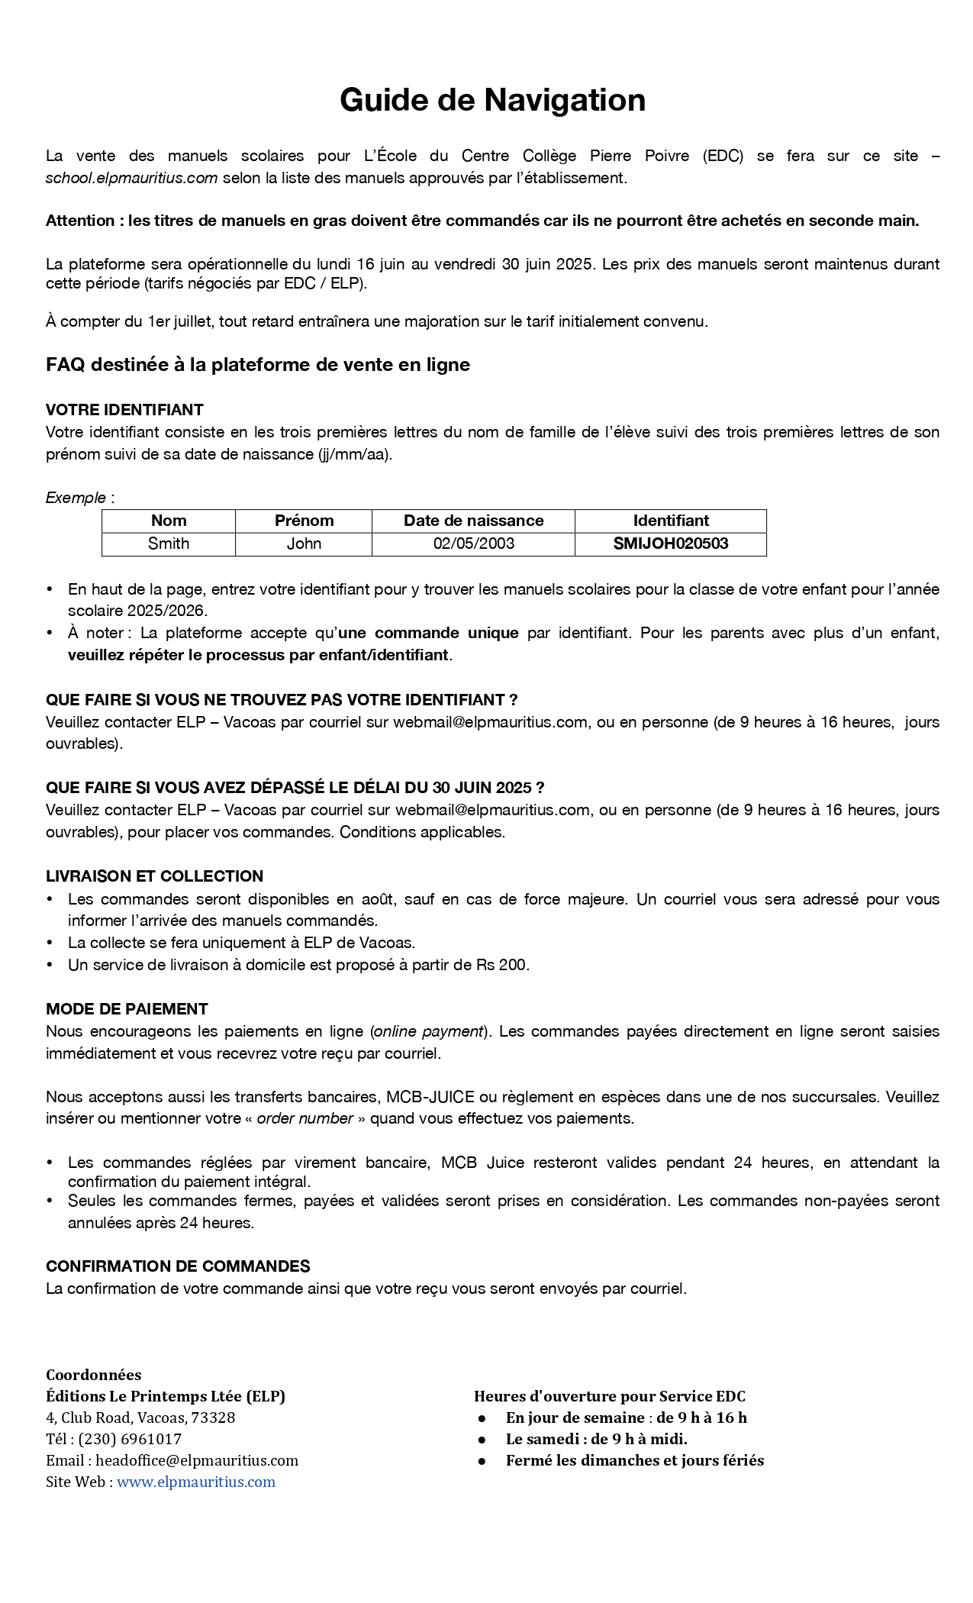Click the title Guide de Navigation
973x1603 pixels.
click(492, 100)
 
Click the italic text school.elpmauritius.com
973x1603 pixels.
click(131, 178)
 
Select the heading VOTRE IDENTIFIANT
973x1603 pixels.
click(124, 409)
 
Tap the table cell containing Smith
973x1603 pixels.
click(169, 543)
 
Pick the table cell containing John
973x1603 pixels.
click(304, 543)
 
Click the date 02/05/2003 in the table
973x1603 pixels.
click(473, 543)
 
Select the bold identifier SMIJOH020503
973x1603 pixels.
click(671, 543)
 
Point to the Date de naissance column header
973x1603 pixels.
click(473, 521)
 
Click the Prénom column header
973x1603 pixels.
click(304, 521)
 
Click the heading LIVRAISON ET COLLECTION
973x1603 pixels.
click(154, 876)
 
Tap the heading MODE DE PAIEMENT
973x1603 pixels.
click(127, 1008)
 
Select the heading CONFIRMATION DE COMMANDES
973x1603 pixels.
click(178, 1266)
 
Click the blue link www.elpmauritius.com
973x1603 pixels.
click(195, 1482)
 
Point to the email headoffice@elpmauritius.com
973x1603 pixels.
click(196, 1460)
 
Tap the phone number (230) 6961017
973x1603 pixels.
click(130, 1439)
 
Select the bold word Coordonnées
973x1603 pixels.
click(93, 1375)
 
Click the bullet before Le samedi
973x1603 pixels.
click(482, 1439)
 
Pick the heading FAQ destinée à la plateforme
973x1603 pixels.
click(257, 365)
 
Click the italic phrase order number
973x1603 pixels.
click(304, 1118)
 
